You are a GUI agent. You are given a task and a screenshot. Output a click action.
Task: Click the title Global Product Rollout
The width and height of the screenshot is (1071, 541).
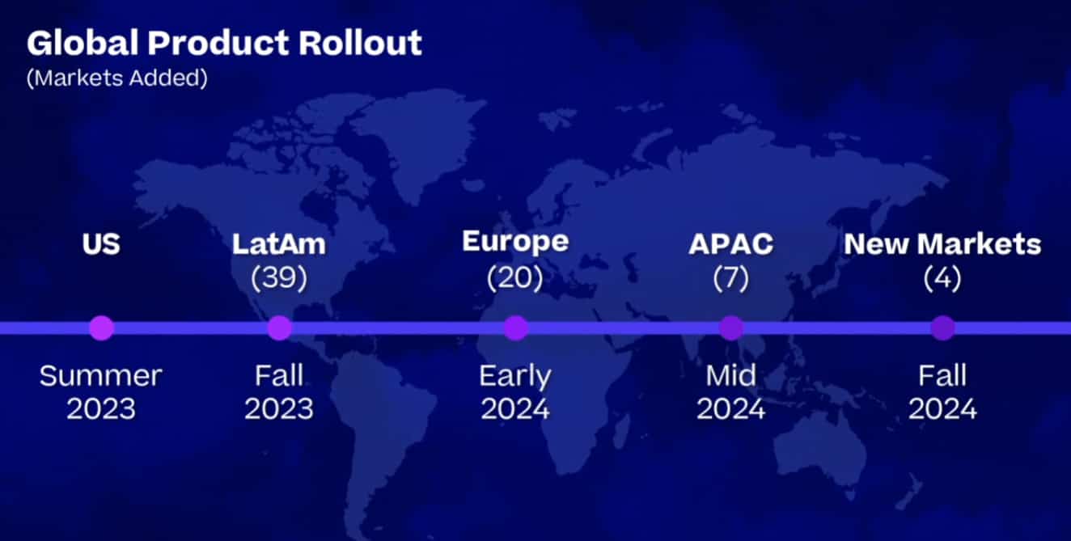coord(224,43)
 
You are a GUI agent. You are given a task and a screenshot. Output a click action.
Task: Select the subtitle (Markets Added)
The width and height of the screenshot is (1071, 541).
coord(117,78)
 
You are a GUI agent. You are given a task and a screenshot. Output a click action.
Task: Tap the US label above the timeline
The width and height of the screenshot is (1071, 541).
coord(101,243)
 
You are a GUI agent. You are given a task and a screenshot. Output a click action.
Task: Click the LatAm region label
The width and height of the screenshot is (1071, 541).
coord(279,243)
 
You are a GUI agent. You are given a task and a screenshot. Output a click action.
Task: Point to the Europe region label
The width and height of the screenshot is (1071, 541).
coord(515,242)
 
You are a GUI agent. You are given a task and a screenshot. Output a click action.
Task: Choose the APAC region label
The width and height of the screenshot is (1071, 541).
coord(731,243)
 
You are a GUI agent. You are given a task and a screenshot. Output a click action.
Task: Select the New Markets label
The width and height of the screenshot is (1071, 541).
coord(942,243)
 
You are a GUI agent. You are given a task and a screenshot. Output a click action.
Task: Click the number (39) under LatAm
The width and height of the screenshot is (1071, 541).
coord(279,277)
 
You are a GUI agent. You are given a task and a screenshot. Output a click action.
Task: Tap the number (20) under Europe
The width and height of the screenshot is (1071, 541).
coord(515,277)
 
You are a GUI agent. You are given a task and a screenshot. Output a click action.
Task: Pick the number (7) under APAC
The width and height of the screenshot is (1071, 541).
coord(731,277)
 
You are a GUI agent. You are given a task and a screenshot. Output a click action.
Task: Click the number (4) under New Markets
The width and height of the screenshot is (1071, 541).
coord(942,277)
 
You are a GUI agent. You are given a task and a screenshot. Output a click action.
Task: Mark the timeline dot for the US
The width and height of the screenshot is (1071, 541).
coord(101,328)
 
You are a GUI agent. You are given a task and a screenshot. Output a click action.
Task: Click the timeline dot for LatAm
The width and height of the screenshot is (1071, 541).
coord(280,328)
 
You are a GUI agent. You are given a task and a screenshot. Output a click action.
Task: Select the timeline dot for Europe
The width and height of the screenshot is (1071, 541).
coord(516,328)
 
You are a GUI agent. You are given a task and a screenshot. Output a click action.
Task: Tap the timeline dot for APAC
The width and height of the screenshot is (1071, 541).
coord(731,328)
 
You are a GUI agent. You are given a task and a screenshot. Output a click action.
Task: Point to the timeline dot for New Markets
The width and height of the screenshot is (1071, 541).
coord(943,328)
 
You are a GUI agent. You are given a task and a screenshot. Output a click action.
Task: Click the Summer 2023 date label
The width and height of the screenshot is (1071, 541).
coord(101,392)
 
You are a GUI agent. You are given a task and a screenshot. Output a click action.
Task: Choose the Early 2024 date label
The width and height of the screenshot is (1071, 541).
coord(515,392)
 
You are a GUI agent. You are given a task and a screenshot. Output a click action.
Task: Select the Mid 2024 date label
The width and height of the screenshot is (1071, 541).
coord(731,392)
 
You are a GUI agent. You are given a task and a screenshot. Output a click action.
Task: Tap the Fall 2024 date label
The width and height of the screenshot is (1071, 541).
coord(942,392)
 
